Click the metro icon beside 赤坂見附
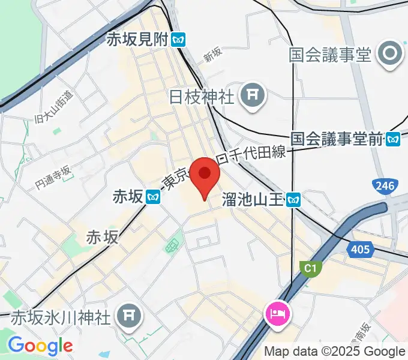178,40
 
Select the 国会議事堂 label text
330,55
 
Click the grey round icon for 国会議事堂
391,55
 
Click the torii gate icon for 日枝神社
251,96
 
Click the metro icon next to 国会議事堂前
393,139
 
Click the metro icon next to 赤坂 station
154,196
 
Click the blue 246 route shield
383,186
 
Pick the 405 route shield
361,248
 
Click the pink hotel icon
280,313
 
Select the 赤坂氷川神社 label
62,316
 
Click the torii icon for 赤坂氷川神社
127,315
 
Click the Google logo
40,346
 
